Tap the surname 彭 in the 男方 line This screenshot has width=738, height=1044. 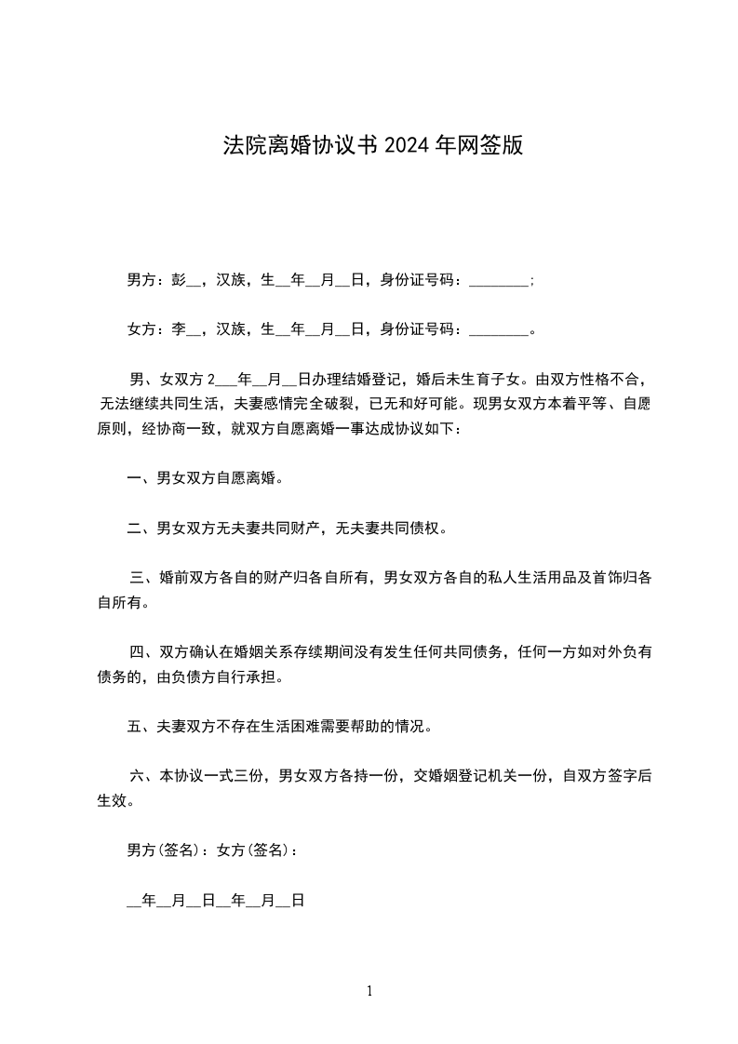[x=179, y=279]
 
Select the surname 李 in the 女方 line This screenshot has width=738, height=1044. [x=179, y=328]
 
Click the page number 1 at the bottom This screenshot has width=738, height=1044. [x=369, y=991]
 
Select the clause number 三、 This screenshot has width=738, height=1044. [x=144, y=578]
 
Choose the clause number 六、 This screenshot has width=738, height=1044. [x=144, y=775]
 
